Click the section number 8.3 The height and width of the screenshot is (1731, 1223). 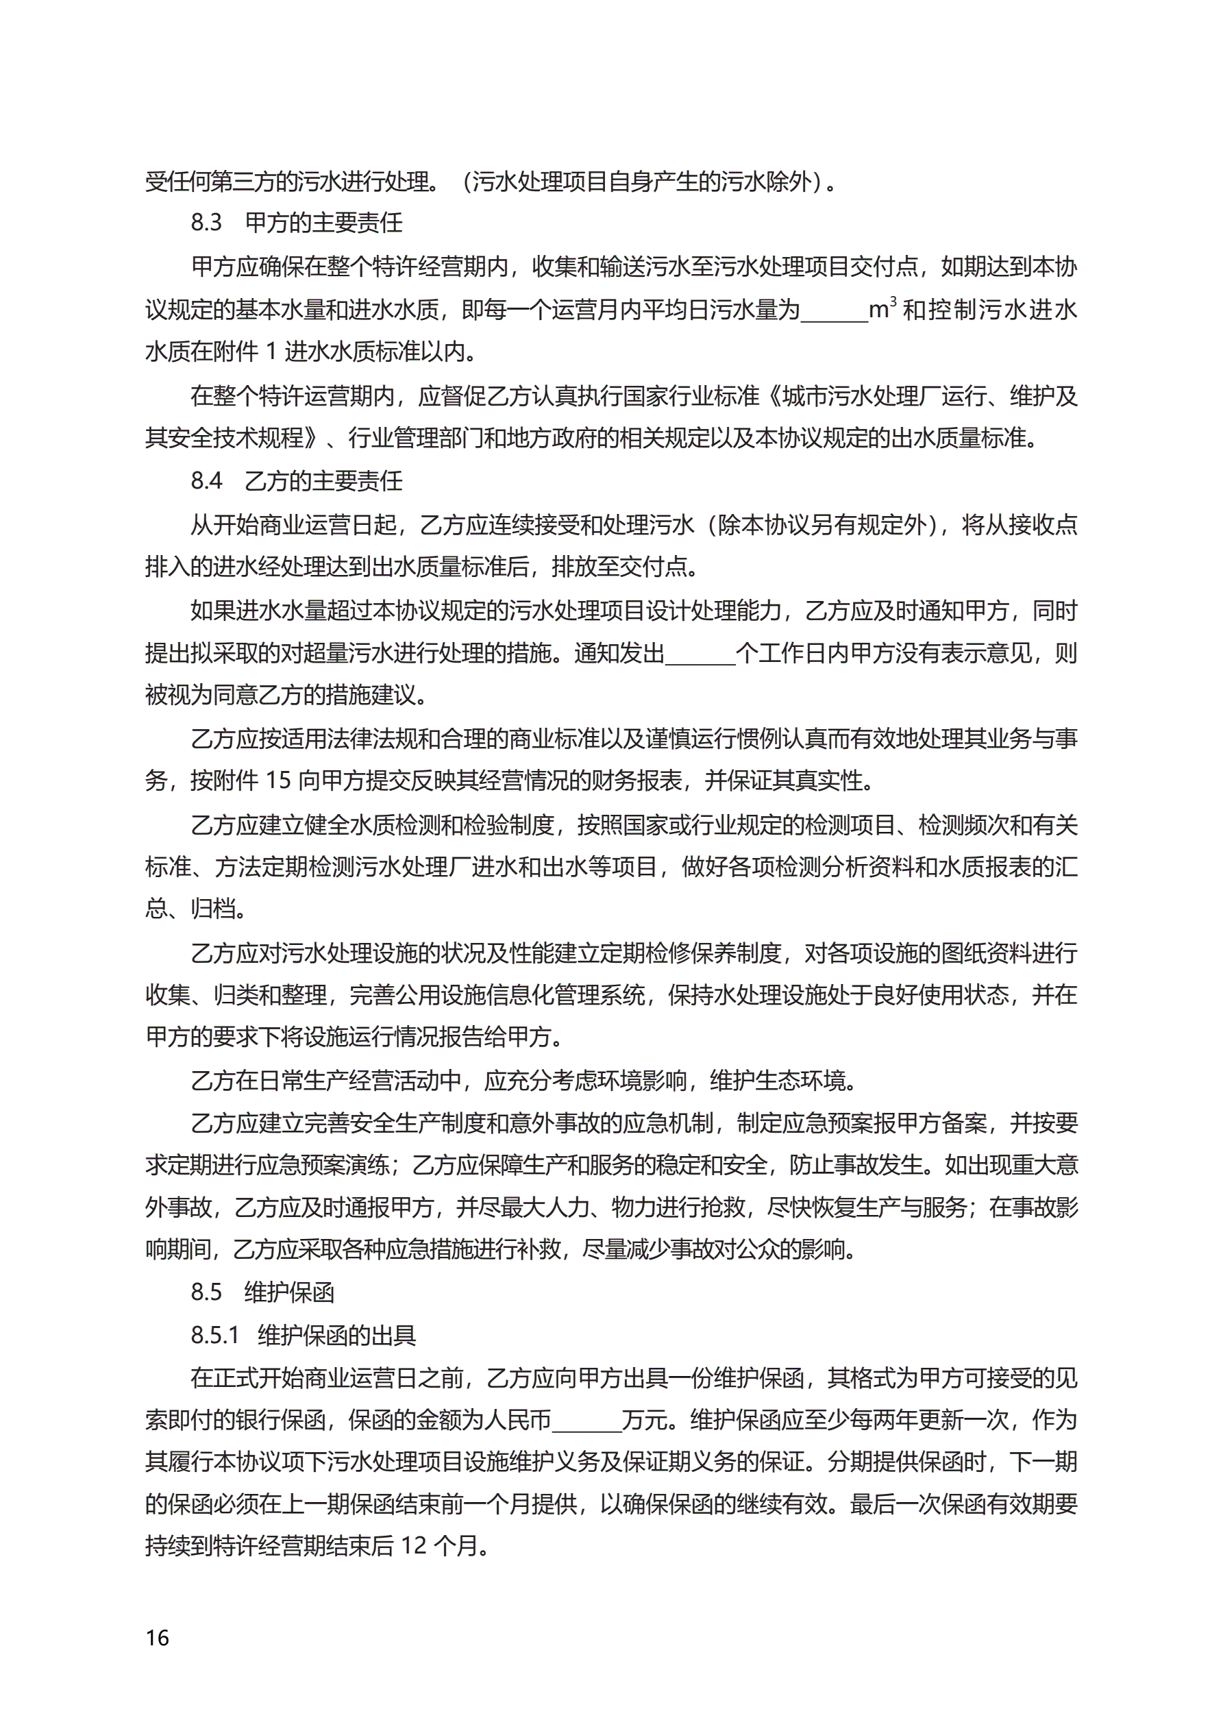tap(206, 223)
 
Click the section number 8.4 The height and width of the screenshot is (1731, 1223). tap(206, 480)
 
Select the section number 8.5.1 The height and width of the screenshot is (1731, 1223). tap(214, 1335)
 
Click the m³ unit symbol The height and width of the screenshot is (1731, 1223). tap(881, 308)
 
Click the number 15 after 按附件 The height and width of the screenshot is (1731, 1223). tap(277, 781)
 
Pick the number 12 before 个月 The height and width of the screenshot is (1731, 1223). tap(414, 1546)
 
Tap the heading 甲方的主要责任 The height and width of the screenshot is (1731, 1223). tap(323, 223)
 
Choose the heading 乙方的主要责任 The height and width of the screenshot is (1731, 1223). tap(323, 480)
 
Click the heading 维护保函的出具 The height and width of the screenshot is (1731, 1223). tap(336, 1335)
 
